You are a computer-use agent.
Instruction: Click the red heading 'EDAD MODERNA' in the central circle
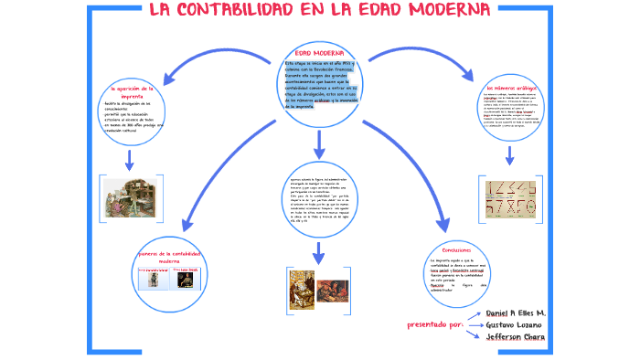[319, 53]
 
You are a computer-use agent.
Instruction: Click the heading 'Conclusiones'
[455, 249]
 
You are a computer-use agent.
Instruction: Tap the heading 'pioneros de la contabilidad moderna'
[174, 257]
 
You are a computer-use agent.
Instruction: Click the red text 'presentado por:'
[433, 324]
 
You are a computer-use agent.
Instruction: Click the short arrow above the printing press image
[131, 161]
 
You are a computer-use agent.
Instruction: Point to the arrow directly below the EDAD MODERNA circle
[319, 143]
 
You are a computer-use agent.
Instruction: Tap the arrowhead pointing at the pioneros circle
[188, 223]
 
